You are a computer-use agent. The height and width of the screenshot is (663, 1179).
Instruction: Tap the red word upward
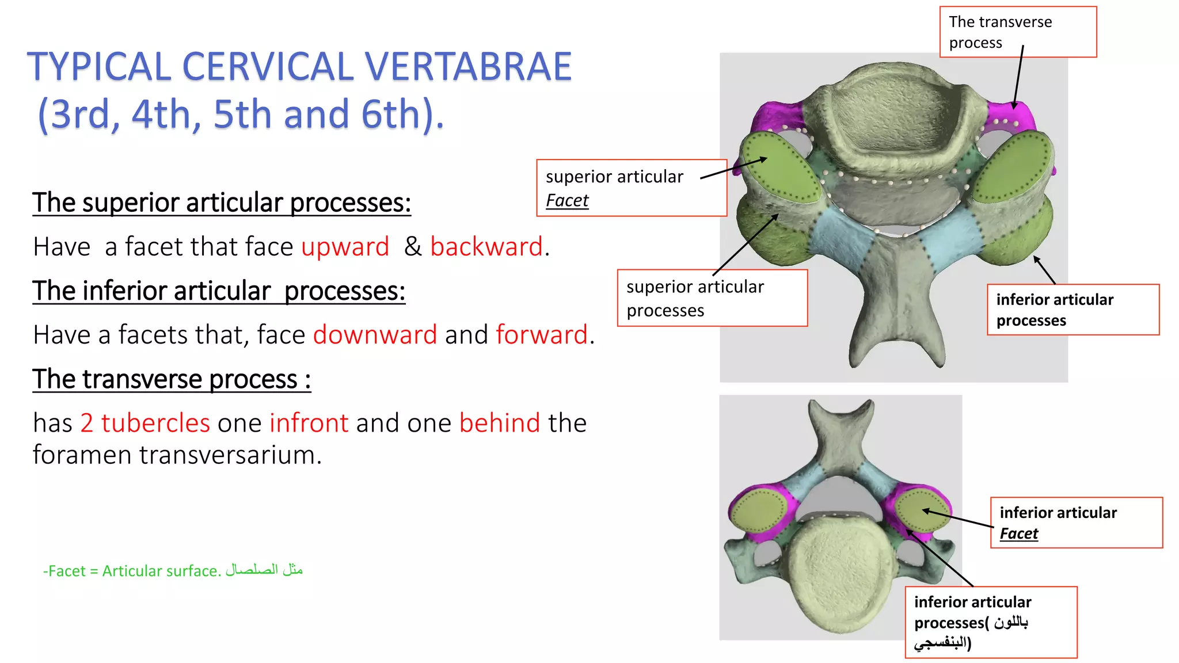(345, 247)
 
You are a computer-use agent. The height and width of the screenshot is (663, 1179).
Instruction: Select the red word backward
(486, 247)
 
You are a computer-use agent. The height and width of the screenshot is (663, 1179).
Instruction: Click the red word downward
(375, 335)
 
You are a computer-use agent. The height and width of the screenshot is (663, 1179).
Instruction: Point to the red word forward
(542, 335)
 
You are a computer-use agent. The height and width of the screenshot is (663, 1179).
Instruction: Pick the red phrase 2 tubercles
(145, 423)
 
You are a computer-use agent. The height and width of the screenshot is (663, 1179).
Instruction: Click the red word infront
(309, 423)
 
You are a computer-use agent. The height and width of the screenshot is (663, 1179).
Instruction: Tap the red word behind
(500, 423)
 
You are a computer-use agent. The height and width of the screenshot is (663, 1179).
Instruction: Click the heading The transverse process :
(172, 379)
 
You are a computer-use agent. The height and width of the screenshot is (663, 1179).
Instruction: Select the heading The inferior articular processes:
(219, 291)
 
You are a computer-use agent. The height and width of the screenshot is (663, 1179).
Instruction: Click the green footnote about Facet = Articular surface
(173, 570)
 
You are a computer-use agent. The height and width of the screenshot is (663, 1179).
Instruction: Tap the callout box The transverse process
(1018, 32)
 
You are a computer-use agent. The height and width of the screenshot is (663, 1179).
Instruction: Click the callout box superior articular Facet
(632, 188)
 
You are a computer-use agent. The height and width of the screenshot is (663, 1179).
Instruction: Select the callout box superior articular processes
(712, 298)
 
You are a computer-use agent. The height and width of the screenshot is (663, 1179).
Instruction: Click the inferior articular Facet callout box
(1076, 523)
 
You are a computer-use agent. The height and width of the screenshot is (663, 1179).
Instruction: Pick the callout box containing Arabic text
(990, 622)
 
